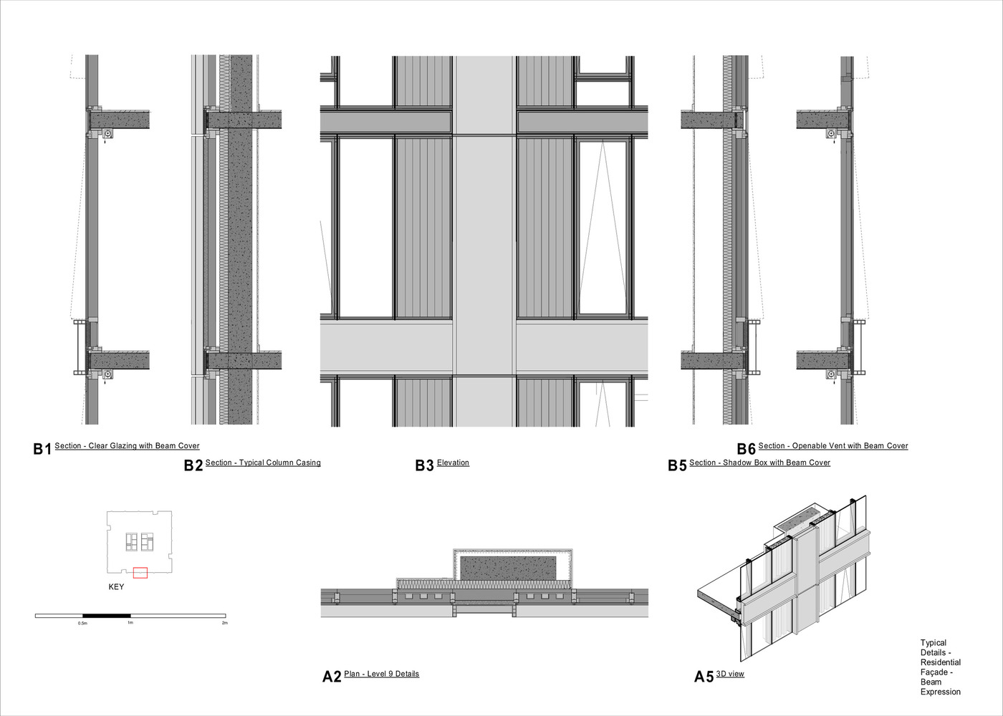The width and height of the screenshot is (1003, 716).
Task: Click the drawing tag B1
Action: click(42, 449)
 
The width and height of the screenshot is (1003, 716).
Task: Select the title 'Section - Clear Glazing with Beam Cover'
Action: click(128, 445)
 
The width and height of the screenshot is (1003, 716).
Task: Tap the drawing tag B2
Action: click(193, 465)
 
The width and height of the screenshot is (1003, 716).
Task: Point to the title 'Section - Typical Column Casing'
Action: click(263, 463)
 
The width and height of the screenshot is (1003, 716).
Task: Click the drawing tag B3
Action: click(424, 465)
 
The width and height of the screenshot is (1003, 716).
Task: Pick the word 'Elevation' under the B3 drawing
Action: click(453, 463)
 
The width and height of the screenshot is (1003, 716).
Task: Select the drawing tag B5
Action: click(677, 465)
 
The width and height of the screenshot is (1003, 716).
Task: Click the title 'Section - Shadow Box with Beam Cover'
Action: click(759, 463)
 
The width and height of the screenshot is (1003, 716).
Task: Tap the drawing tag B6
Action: click(747, 449)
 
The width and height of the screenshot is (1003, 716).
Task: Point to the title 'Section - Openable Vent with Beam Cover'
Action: click(833, 445)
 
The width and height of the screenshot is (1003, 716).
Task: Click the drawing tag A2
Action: click(332, 677)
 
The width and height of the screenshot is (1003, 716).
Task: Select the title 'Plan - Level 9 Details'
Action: click(381, 674)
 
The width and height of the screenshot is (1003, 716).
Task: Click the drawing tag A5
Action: click(704, 677)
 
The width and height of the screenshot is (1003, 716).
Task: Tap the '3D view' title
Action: click(730, 674)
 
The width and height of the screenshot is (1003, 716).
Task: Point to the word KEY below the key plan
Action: click(116, 586)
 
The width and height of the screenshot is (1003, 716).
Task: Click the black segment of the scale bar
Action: click(107, 616)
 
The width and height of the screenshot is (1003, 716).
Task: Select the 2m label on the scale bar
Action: click(225, 622)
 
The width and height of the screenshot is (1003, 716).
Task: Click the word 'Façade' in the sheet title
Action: click(935, 672)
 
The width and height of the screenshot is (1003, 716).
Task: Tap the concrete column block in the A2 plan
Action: click(508, 567)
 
